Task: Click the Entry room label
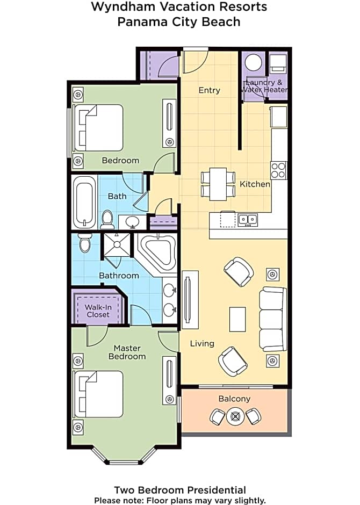[210, 90]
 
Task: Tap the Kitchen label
[255, 184]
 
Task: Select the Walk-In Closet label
[98, 311]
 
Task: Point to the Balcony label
[234, 399]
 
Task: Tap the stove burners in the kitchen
[278, 170]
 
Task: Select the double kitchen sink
[248, 220]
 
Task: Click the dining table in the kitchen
[218, 184]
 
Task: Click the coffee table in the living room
[237, 319]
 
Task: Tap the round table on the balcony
[235, 416]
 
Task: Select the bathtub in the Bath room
[84, 202]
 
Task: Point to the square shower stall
[117, 245]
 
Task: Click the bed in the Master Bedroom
[98, 394]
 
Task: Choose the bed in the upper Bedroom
[98, 127]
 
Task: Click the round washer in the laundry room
[254, 62]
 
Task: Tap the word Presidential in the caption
[217, 490]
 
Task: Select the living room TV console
[190, 300]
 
